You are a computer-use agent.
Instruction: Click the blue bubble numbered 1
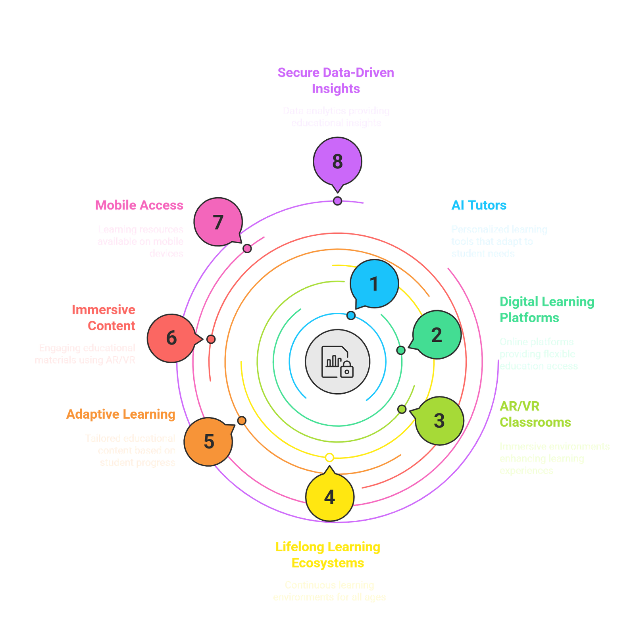374,284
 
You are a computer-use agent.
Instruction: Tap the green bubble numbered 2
437,335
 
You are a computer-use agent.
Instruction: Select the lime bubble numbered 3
439,421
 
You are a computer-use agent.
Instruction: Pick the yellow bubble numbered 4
329,497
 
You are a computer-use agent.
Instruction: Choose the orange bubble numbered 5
209,441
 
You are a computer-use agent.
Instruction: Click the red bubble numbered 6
171,338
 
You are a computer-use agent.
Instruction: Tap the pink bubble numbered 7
218,222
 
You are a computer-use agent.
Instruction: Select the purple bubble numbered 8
337,161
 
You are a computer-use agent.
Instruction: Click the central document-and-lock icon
337,362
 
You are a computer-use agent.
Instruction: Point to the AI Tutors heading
479,205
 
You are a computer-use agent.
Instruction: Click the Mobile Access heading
139,205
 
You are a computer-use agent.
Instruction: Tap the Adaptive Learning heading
121,414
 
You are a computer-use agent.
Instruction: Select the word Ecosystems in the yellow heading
328,563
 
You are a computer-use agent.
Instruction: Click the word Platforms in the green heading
529,318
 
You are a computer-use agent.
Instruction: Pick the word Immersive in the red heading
103,310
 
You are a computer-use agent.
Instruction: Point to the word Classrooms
535,422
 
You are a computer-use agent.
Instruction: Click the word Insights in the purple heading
336,89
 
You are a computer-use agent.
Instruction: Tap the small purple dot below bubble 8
337,201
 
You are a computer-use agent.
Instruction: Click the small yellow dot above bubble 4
329,458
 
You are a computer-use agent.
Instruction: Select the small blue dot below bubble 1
351,316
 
